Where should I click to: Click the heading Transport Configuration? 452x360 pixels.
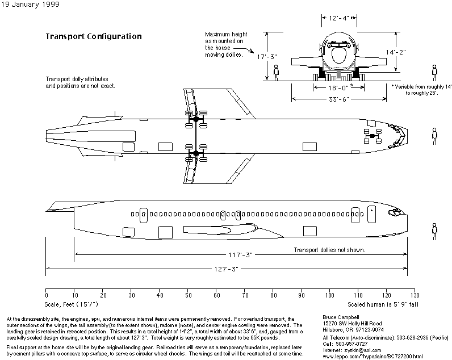pyautogui.click(x=93, y=36)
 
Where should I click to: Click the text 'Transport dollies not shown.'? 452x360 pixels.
pyautogui.click(x=329, y=250)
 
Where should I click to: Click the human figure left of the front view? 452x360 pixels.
pyautogui.click(x=276, y=72)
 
